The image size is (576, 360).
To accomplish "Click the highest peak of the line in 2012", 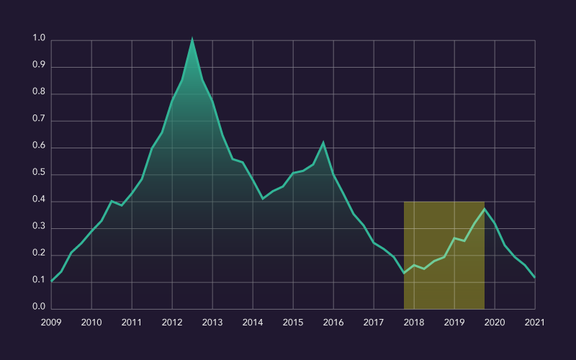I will (192, 39).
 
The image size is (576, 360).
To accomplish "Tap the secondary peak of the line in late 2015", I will (323, 143).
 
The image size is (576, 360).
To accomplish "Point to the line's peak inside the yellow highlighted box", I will (485, 209).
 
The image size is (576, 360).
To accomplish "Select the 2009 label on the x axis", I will (51, 322).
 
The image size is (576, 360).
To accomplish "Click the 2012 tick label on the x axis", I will (172, 322).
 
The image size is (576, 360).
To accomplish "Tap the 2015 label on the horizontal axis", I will (293, 322).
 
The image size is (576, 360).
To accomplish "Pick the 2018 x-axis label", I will (414, 322).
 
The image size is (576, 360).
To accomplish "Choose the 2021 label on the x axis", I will (535, 322).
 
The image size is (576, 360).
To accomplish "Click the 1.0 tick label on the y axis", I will (38, 39).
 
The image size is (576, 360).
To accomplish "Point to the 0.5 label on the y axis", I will (38, 174).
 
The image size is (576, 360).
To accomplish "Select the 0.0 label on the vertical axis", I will (38, 309).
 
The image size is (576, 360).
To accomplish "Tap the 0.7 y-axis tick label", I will (38, 120).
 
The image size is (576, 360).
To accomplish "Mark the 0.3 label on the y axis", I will (38, 228).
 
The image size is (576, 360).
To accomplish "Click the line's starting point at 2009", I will (51, 282).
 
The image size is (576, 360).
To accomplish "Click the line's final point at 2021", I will (535, 277).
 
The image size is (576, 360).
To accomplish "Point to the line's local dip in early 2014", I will (263, 199).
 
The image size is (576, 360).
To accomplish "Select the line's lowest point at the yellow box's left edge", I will (404, 273).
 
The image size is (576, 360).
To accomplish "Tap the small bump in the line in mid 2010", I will (112, 201).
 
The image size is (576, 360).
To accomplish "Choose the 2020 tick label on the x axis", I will (495, 322).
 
